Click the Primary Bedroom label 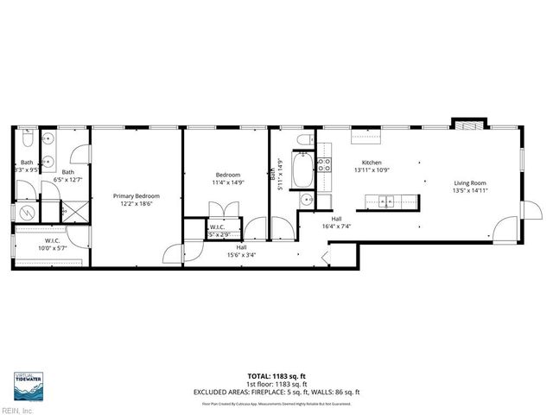(137, 195)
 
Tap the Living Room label (472, 182)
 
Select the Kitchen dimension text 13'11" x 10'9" (372, 170)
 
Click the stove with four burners (324, 165)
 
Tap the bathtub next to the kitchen (304, 169)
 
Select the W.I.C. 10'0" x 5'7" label (38, 244)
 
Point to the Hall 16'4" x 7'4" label (336, 222)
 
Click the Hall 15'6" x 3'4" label (241, 251)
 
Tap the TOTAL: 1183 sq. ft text (276, 376)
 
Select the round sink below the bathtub (306, 201)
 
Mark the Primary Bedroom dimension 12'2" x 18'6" (137, 203)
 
